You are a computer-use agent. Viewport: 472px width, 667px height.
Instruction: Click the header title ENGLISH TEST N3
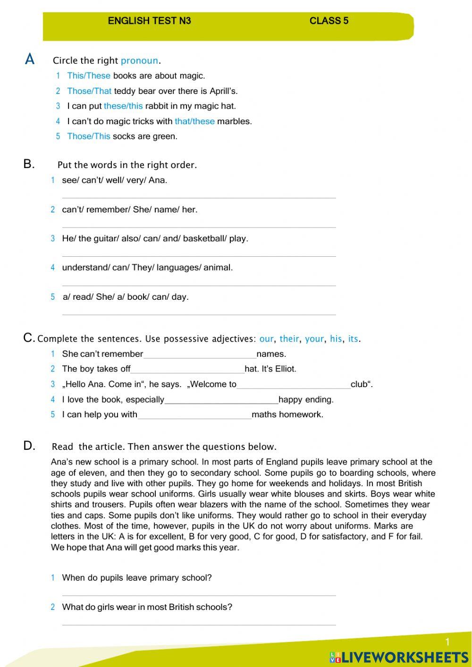click(149, 21)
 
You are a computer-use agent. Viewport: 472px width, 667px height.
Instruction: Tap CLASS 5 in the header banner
click(329, 21)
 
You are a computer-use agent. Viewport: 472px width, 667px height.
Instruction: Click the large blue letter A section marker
click(30, 59)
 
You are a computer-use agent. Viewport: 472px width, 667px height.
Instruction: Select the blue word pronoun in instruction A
click(139, 60)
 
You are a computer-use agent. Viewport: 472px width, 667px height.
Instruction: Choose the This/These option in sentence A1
click(89, 76)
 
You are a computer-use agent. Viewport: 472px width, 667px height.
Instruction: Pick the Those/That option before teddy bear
click(89, 91)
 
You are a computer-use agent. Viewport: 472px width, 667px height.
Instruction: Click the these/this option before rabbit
click(123, 106)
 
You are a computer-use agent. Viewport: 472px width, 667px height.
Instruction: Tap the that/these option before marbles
click(194, 121)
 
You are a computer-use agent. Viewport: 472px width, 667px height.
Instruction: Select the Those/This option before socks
click(89, 136)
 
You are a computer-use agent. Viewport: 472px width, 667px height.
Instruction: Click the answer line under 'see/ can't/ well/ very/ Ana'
click(199, 197)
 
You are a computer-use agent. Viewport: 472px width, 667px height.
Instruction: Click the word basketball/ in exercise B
click(205, 238)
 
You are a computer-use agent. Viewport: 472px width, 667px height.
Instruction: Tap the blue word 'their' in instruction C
click(289, 338)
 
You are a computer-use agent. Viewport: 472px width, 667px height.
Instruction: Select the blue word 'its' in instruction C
click(353, 338)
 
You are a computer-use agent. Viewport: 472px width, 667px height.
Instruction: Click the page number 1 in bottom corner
click(447, 642)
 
